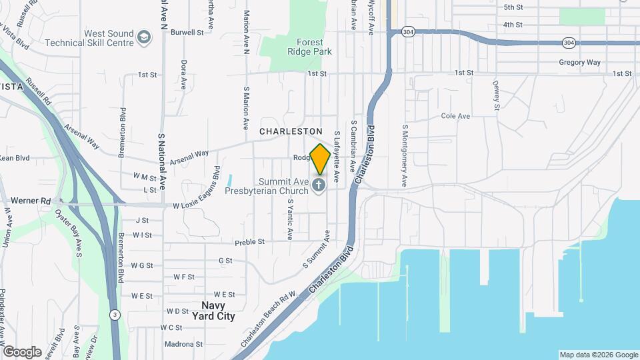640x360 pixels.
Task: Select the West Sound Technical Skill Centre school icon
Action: tap(143, 37)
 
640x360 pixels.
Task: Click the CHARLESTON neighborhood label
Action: tap(291, 132)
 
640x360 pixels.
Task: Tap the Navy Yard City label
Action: tap(218, 311)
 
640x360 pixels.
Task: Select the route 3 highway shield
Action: tap(115, 314)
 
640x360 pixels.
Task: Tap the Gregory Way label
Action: tap(580, 63)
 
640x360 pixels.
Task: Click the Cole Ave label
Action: tap(456, 116)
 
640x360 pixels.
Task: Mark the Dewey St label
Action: tap(496, 95)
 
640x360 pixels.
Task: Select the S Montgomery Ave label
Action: tap(404, 155)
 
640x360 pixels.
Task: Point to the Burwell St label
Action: tap(187, 32)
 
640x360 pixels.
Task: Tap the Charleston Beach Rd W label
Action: tap(268, 321)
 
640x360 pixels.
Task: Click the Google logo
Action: tap(22, 351)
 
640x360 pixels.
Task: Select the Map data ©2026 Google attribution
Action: tap(598, 355)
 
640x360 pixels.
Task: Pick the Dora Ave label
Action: tap(183, 75)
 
